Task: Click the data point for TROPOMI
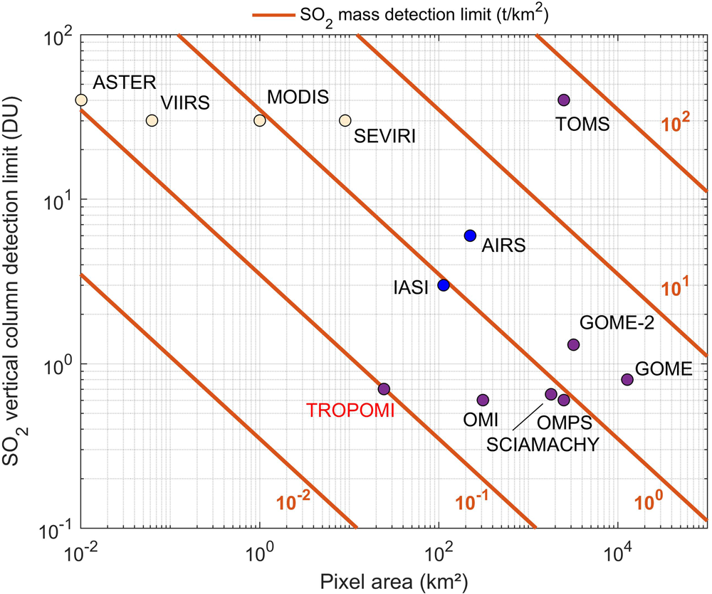(x=384, y=388)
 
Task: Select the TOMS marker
(x=564, y=100)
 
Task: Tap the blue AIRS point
(x=470, y=235)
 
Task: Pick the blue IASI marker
(x=444, y=285)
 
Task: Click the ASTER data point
(x=81, y=100)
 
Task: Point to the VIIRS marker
(x=152, y=120)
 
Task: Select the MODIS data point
(x=260, y=120)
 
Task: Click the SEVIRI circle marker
(x=345, y=120)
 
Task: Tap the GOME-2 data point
(x=574, y=344)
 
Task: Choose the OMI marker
(x=483, y=400)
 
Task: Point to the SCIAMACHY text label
(x=543, y=445)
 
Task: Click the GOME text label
(x=664, y=368)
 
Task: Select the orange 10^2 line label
(x=675, y=122)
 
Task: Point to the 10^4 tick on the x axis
(x=617, y=551)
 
